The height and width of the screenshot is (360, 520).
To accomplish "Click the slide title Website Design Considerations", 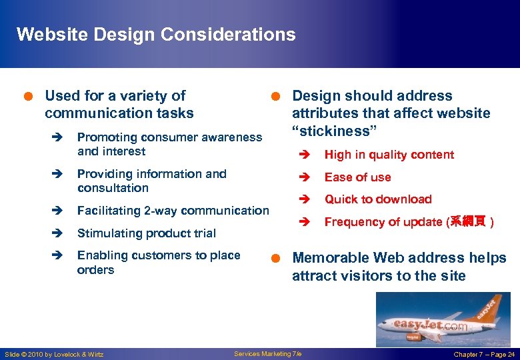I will [x=155, y=35].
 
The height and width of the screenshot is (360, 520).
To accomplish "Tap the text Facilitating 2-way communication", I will [x=173, y=211].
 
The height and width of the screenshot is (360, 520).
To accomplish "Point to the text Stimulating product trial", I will [x=146, y=233].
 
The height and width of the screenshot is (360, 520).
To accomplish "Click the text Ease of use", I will [x=357, y=177].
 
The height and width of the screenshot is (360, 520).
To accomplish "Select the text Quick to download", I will [x=377, y=199].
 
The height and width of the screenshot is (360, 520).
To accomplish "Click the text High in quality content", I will [x=389, y=155].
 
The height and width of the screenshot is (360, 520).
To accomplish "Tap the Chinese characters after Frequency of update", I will [x=468, y=222].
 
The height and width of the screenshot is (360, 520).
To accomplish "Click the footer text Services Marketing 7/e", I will [x=268, y=354].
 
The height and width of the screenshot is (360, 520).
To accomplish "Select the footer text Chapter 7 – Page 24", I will [x=483, y=354].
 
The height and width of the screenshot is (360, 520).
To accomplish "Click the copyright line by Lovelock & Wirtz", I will [x=54, y=354].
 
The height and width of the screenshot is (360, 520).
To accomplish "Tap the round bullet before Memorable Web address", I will [x=274, y=258].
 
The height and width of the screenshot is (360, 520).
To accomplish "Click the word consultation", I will [x=113, y=188].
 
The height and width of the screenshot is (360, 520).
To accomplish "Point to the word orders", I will [x=95, y=270].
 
